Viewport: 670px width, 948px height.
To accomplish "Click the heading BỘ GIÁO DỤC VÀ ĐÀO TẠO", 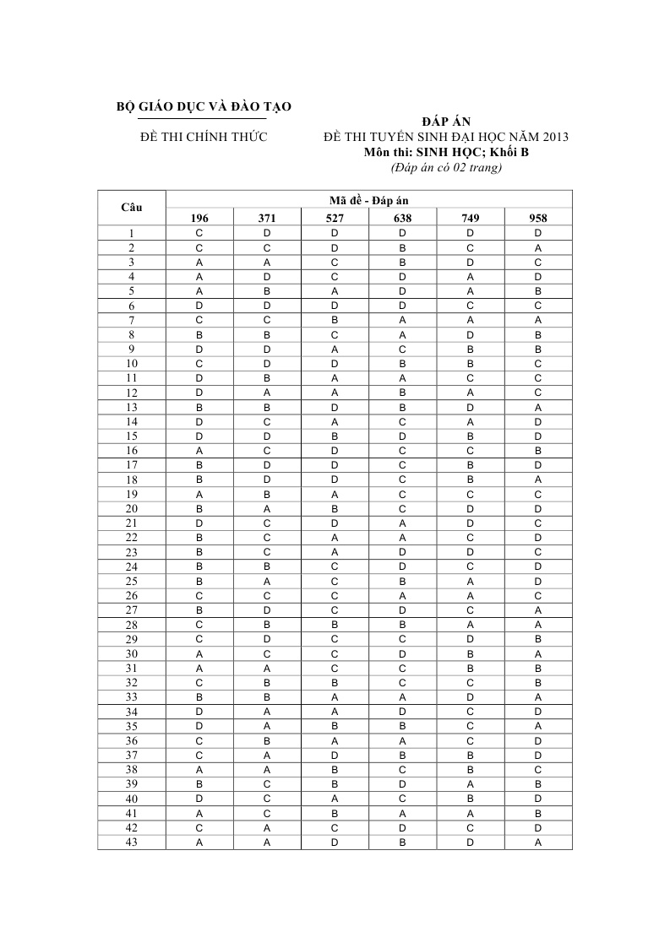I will point(203,107).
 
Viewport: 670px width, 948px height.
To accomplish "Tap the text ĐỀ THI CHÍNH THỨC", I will point(203,137).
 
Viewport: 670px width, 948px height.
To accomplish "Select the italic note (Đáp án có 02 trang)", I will point(445,167).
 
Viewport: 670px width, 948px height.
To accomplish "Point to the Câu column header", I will point(132,208).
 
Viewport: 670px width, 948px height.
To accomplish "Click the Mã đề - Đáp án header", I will point(368,200).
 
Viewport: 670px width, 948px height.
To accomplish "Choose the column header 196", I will point(199,218).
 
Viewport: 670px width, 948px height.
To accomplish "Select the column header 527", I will point(335,218).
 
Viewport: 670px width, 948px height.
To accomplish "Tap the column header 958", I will point(538,218).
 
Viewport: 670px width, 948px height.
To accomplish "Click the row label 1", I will point(132,233).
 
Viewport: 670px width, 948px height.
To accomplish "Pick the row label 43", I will point(132,842).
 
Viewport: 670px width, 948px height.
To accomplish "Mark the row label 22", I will point(132,538).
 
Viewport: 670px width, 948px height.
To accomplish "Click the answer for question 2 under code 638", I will point(403,247).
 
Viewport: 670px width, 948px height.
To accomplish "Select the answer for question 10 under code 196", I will point(199,363).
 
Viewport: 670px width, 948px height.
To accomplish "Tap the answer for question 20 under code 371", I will point(267,508).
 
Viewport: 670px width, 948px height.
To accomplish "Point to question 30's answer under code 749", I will point(471,653).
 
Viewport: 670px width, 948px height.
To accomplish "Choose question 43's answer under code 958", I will point(538,842).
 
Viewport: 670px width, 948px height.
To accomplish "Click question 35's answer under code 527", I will point(335,726).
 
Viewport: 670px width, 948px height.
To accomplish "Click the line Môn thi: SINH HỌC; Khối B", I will point(445,152).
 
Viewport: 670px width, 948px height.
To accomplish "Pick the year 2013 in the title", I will point(553,137).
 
